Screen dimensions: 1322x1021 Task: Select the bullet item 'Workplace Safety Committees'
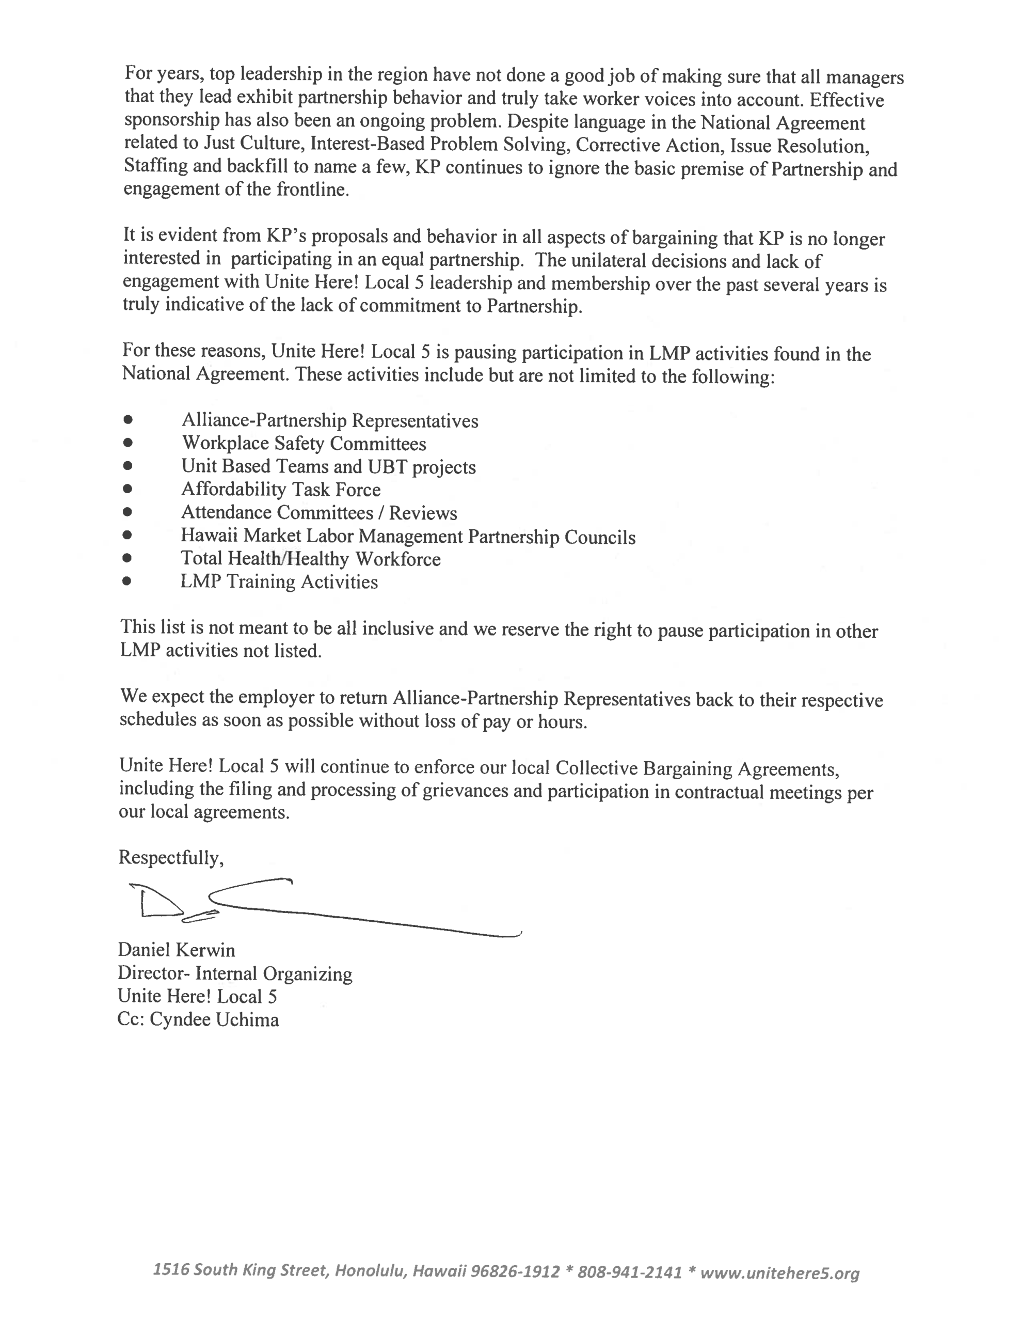pos(304,444)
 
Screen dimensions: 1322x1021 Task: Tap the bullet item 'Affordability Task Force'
pos(281,489)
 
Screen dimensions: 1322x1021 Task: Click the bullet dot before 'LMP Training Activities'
pos(126,581)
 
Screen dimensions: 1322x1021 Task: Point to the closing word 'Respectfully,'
pos(171,857)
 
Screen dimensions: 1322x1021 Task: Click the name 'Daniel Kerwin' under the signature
pos(176,950)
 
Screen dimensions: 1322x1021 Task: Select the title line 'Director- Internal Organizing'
pos(235,973)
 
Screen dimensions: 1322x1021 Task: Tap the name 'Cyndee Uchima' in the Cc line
pos(214,1020)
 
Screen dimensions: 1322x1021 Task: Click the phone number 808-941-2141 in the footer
pos(629,1271)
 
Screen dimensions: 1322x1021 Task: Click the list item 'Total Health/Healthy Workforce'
pos(310,559)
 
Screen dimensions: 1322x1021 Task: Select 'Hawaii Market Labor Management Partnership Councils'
pos(408,537)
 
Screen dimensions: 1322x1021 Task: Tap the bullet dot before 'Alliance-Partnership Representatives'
pos(127,419)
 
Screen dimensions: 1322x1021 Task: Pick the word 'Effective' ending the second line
pos(847,100)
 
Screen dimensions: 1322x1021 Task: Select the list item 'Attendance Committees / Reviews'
pos(319,513)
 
